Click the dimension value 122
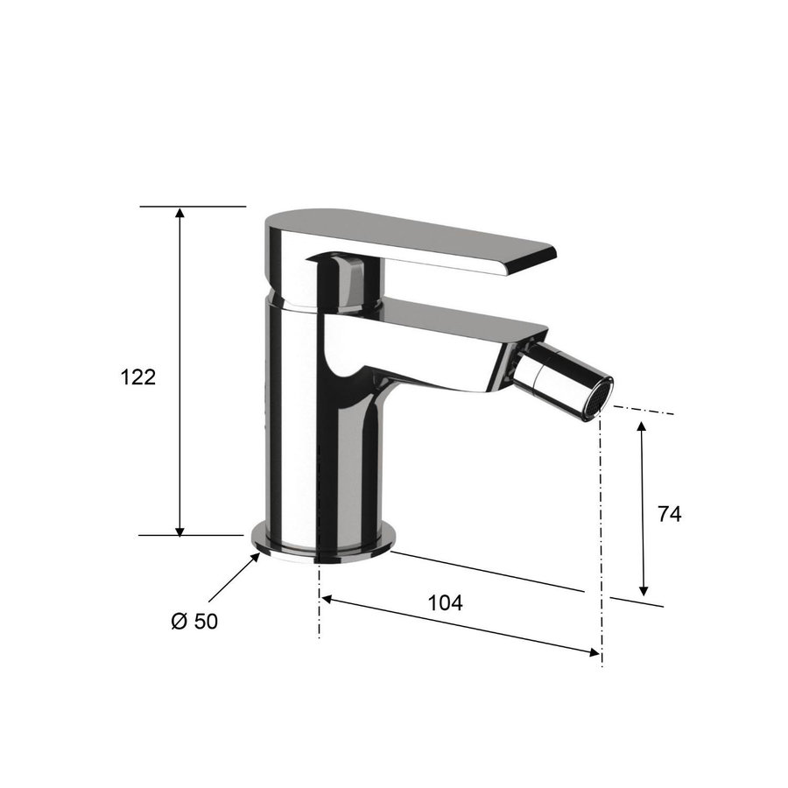(137, 377)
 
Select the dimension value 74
(669, 514)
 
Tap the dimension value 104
(445, 602)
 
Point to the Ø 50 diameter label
(194, 621)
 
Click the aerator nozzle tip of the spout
(599, 395)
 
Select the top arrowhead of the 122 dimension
(180, 213)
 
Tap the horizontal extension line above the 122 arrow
(193, 207)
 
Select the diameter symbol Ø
(179, 621)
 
